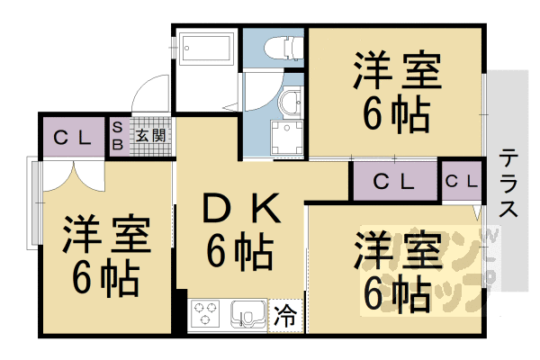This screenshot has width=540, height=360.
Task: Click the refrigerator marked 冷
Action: click(285, 316)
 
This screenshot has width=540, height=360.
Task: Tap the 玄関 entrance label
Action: click(151, 137)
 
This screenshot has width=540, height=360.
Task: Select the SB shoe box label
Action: click(118, 138)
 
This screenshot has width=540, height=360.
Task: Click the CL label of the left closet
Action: click(71, 138)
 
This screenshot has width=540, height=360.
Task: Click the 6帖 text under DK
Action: click(239, 251)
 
